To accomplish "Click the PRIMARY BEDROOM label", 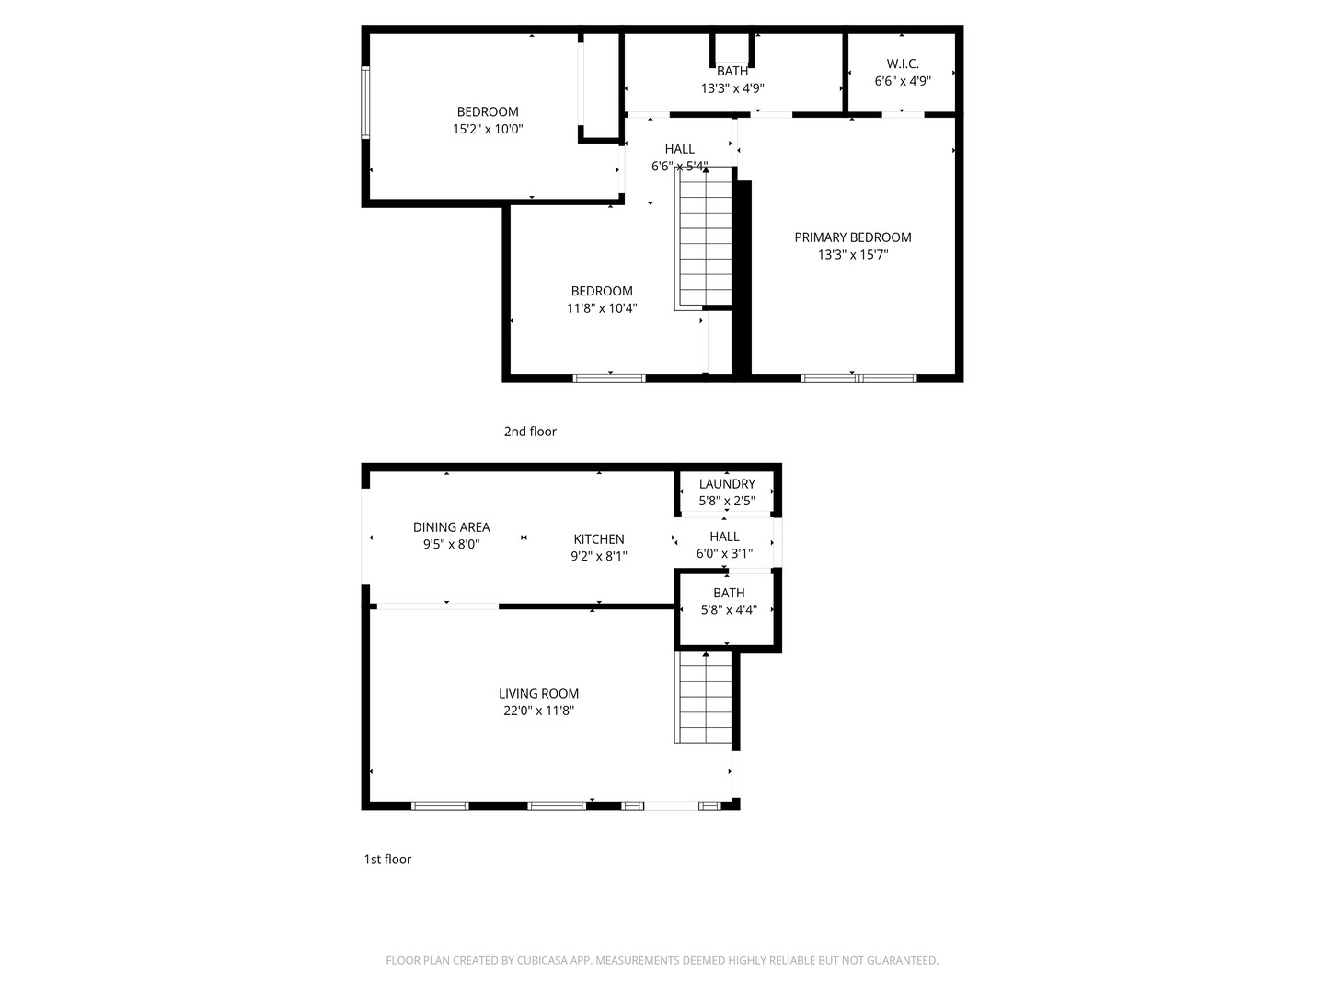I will [x=853, y=237].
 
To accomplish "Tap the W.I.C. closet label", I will [x=903, y=64].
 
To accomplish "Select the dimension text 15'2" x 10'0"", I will [x=488, y=130].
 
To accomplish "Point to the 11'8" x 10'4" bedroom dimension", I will [x=602, y=308].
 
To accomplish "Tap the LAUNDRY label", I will [x=727, y=484].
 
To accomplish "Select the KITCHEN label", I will [x=599, y=539].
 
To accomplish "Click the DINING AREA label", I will [x=451, y=527].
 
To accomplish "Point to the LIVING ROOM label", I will [x=539, y=694].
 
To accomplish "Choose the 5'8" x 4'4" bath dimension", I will [x=729, y=609].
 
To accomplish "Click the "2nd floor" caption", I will [x=530, y=432].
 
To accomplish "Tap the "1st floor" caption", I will [x=387, y=860].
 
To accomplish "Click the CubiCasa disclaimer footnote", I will [x=662, y=960].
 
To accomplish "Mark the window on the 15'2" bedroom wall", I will [x=365, y=102].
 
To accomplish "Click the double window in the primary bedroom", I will [x=858, y=377].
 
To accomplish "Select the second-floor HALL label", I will [x=680, y=149].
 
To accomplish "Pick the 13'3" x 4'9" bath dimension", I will [x=732, y=88].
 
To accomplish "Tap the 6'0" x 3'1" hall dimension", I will [x=724, y=554].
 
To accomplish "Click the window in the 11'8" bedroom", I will [x=609, y=377].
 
